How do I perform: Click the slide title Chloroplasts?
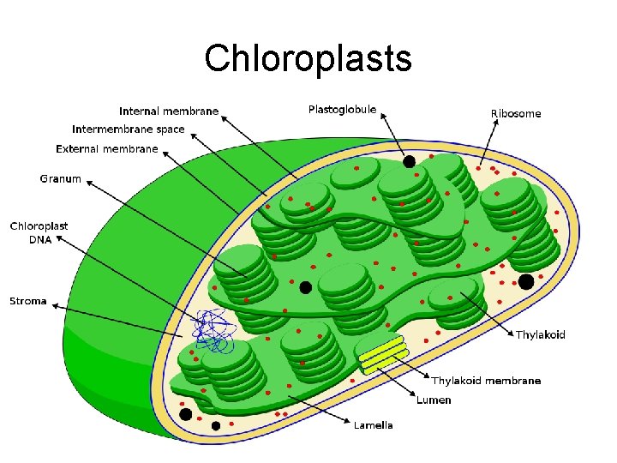click(308, 58)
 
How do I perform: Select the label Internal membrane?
click(169, 111)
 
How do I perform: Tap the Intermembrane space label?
click(129, 129)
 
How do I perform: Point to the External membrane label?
click(107, 149)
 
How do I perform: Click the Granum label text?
click(61, 179)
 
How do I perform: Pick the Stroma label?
click(28, 301)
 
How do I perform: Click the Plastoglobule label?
click(342, 109)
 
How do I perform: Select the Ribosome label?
click(516, 113)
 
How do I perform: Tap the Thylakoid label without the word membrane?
click(540, 335)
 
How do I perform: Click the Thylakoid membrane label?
click(486, 381)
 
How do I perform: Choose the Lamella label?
click(374, 425)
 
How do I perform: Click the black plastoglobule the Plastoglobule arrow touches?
click(410, 161)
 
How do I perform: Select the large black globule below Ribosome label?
click(526, 281)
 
